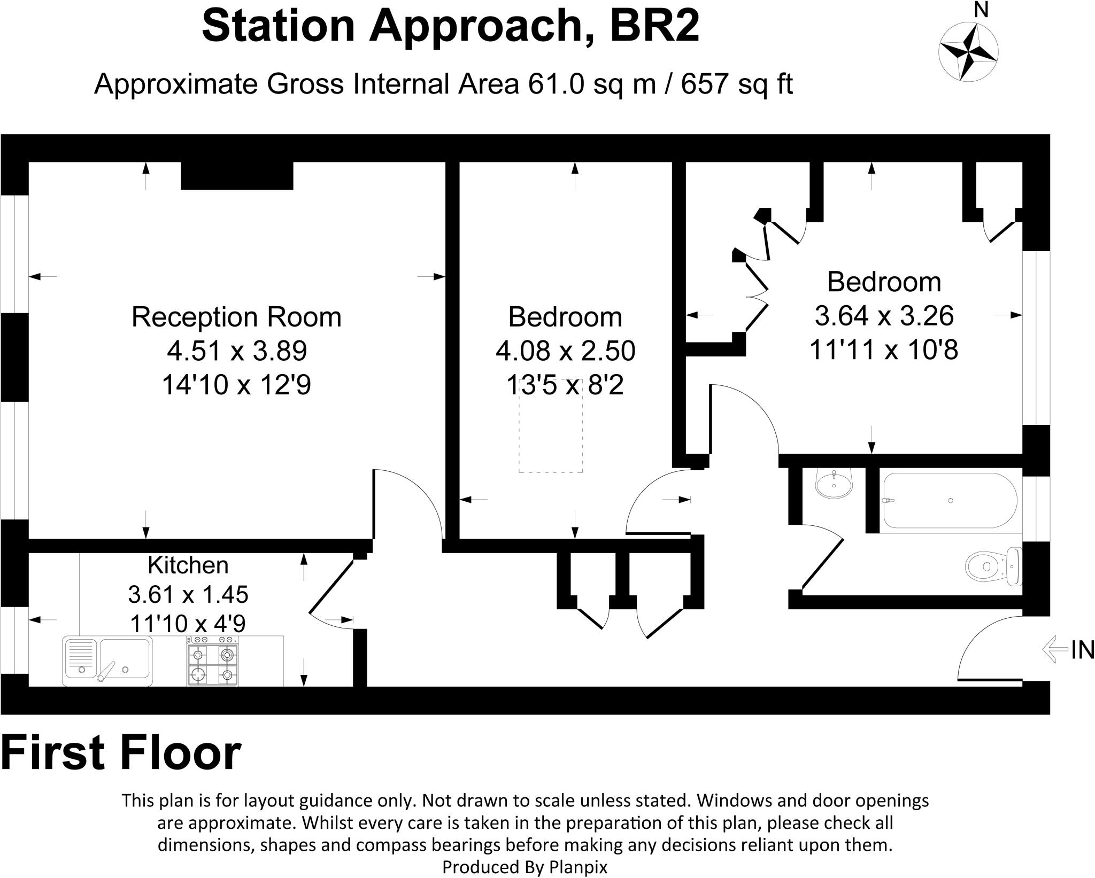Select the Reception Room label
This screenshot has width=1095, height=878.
click(x=236, y=317)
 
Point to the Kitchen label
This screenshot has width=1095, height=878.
click(x=188, y=565)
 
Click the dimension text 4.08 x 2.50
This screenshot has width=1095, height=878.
click(x=565, y=351)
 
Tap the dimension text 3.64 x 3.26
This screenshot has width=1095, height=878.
click(x=884, y=316)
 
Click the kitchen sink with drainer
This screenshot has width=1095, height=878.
click(x=108, y=661)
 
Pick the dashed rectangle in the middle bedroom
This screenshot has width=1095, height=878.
click(x=550, y=428)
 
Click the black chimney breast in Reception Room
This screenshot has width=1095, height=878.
click(x=237, y=175)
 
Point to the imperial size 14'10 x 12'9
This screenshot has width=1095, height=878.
click(x=236, y=384)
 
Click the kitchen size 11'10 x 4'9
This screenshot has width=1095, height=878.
click(x=188, y=623)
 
